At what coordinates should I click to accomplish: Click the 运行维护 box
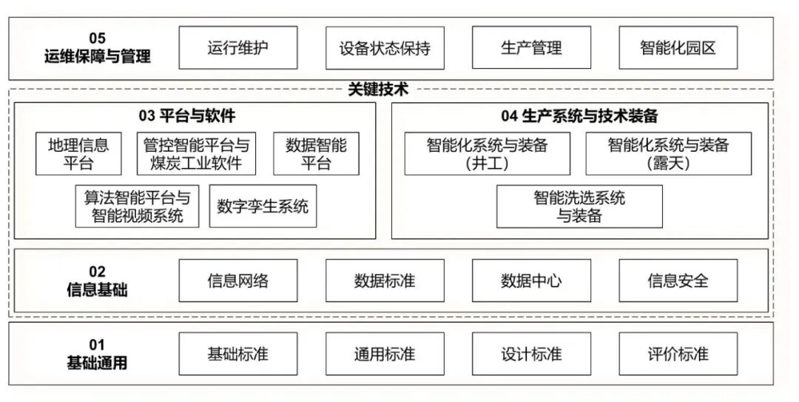237,48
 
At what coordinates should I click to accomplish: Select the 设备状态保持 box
385,49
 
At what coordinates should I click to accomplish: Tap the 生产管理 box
531,48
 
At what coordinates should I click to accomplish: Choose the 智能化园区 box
678,48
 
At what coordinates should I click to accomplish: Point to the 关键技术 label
378,90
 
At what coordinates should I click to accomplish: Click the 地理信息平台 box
78,154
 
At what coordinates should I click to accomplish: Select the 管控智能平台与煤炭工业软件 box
196,154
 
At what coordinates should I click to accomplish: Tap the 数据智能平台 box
316,154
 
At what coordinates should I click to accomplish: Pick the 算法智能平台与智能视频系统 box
137,207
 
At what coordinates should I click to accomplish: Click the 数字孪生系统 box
263,207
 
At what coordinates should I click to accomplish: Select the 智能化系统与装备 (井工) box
487,154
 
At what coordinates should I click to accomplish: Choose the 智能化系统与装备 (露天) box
668,154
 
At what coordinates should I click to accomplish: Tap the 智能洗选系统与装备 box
579,207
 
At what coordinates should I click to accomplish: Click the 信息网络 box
237,281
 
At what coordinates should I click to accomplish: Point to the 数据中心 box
531,281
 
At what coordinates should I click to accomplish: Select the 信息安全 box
678,281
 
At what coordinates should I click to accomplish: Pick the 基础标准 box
237,354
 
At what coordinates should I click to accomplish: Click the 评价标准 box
678,354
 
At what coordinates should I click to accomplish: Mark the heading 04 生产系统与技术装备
579,116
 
